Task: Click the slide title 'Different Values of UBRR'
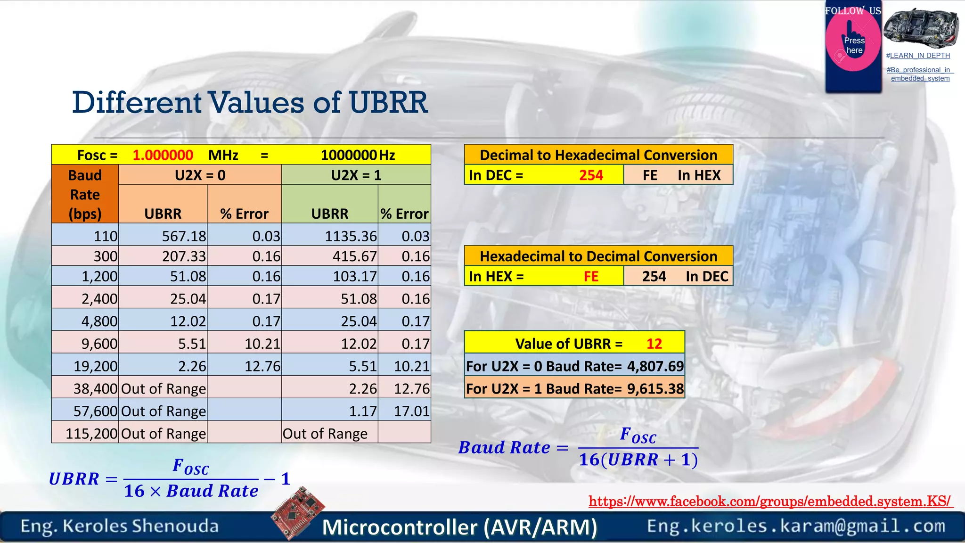click(x=250, y=102)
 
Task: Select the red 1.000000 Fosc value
click(x=163, y=155)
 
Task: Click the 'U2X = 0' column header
click(x=200, y=175)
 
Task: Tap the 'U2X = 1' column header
click(x=356, y=175)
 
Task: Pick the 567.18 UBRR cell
click(x=184, y=236)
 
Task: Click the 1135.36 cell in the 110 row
click(x=351, y=236)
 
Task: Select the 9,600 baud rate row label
click(x=99, y=344)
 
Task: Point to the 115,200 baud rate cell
click(x=91, y=433)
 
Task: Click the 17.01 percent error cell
click(x=411, y=411)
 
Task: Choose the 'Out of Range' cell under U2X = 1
click(x=325, y=433)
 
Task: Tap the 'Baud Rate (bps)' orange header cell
click(x=85, y=194)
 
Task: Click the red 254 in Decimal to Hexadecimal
click(x=591, y=175)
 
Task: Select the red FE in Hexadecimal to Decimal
click(x=591, y=276)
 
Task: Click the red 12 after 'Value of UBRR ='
click(x=654, y=344)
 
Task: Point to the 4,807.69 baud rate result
click(x=655, y=366)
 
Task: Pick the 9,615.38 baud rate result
click(x=655, y=389)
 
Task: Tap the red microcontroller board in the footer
click(x=298, y=513)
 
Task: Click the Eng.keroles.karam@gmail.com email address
click(x=796, y=526)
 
